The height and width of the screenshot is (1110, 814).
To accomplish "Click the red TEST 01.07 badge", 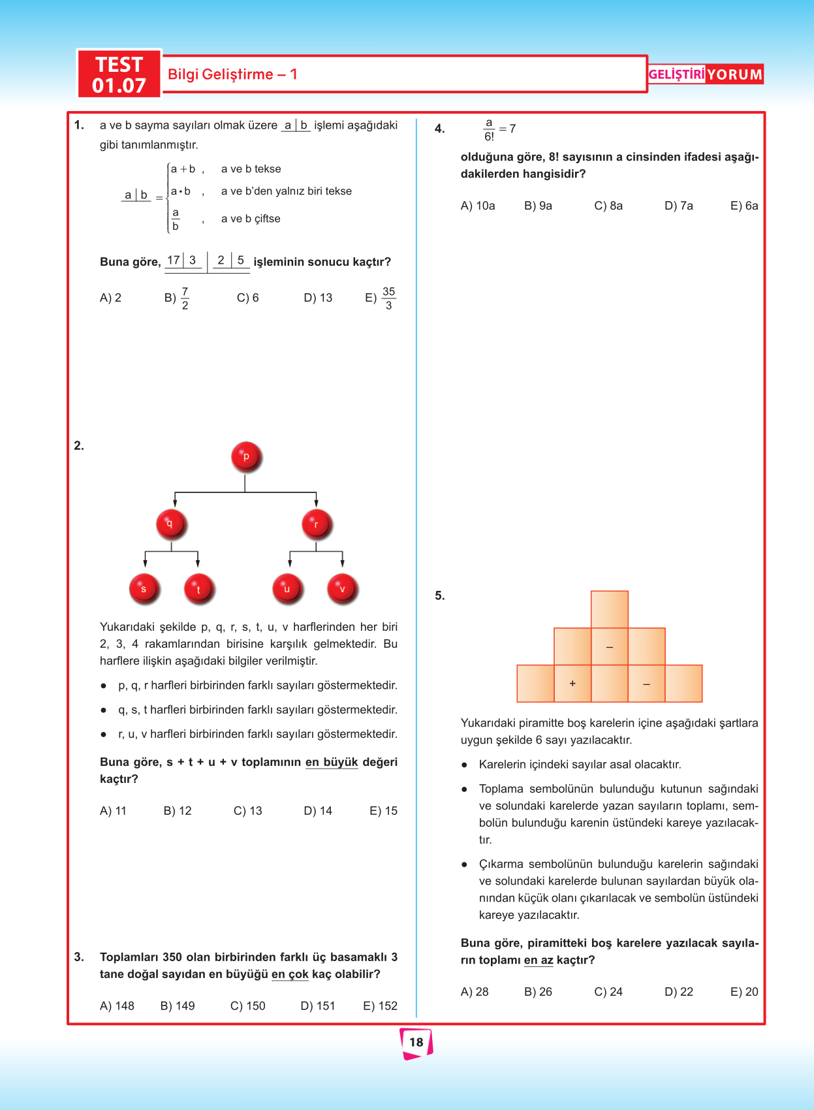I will coord(119,74).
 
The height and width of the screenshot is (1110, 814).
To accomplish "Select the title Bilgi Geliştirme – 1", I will coord(232,74).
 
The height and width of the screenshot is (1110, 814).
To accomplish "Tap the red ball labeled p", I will coord(246,456).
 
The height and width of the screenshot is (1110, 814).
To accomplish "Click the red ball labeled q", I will coord(171,524).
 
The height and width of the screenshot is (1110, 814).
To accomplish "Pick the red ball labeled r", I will coord(317,524).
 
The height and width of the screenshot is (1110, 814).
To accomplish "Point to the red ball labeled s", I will coord(144,589).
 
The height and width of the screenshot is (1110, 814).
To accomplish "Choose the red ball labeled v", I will coord(342,589).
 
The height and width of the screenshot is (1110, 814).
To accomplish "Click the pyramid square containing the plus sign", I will coord(572,684).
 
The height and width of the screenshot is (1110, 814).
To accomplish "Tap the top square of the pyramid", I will coord(610,609).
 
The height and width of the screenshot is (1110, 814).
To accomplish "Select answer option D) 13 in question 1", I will coord(318,298).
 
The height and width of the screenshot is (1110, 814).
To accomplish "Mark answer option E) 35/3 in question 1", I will coord(381,298).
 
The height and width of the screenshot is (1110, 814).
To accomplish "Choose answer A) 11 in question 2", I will coord(113,811).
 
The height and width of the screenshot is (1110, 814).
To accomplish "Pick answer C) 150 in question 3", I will coord(248,1006).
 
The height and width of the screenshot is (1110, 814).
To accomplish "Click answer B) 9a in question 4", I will coord(538,206).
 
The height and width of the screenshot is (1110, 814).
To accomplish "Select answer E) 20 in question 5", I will coord(744,992).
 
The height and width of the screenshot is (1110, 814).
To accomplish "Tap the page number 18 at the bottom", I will coord(416,1042).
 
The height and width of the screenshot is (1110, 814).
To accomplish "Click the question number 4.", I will coord(440,129).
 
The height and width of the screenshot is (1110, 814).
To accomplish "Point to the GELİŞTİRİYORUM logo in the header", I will coord(705,74).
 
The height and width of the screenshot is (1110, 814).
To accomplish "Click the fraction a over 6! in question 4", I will coord(489,129).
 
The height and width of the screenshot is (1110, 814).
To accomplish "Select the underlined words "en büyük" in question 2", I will coord(332,762).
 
